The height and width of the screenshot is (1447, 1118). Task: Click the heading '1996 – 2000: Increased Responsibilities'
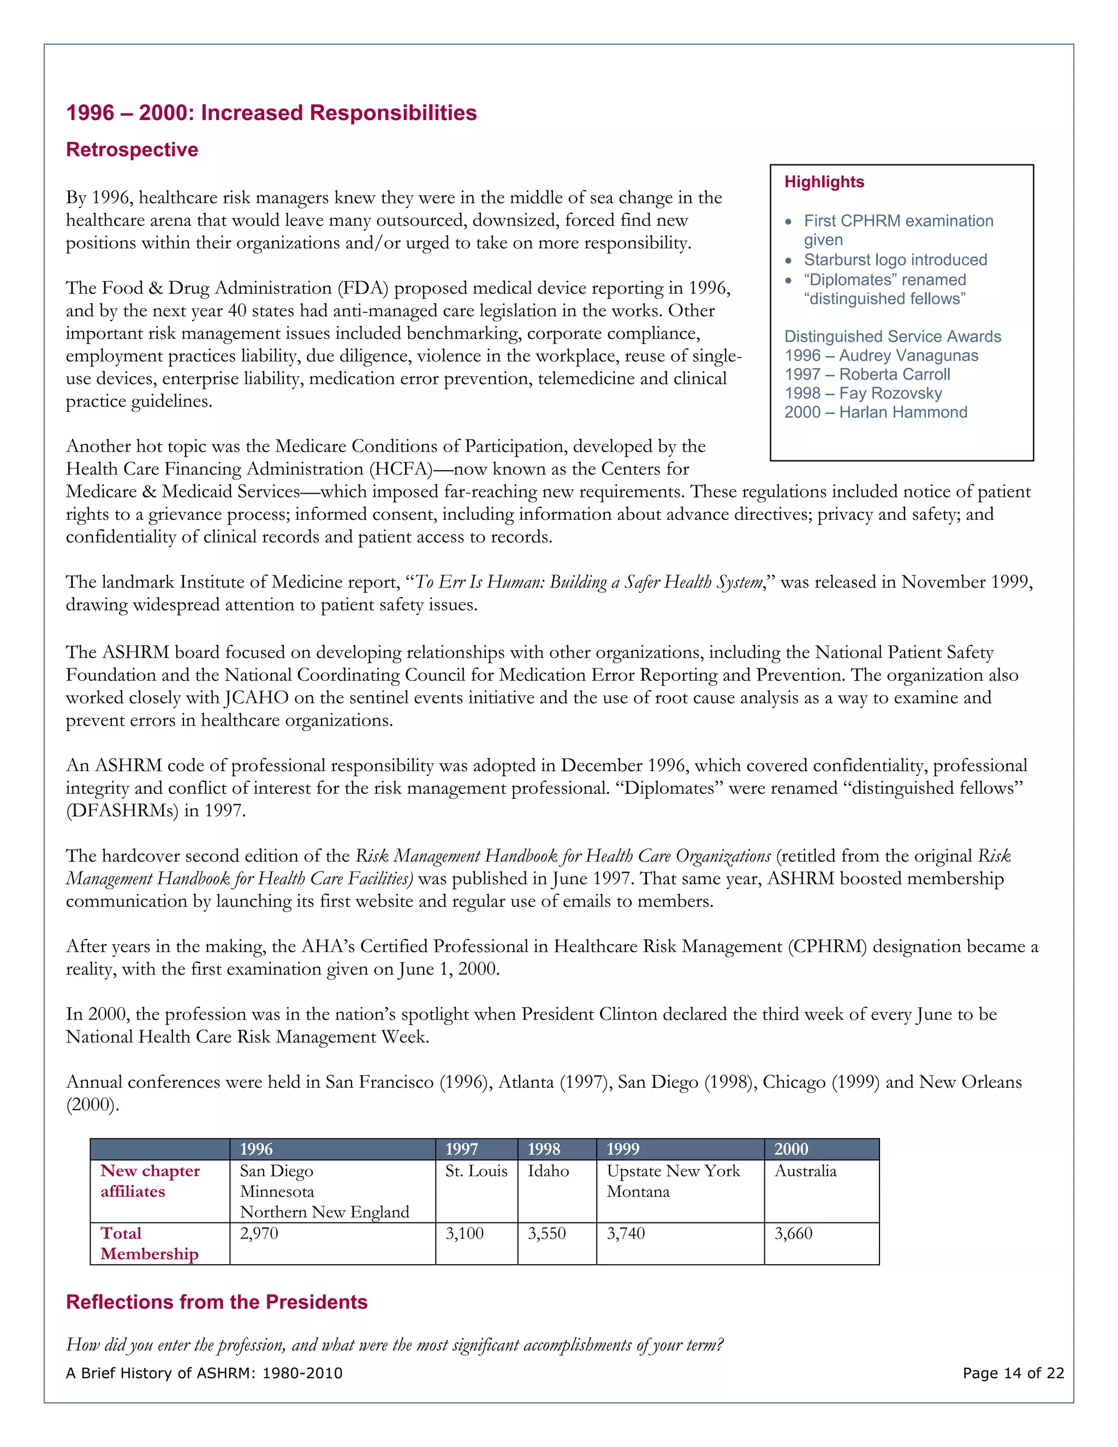[x=271, y=112]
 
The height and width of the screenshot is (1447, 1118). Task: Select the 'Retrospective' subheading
[x=132, y=150]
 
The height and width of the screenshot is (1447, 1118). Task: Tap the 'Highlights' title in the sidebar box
[x=824, y=182]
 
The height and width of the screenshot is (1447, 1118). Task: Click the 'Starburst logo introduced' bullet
[x=895, y=260]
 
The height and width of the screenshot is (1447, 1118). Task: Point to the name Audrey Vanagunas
[x=908, y=356]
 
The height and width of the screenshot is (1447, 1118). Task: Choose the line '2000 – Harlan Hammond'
[x=876, y=412]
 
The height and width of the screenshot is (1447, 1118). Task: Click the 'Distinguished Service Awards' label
[x=892, y=336]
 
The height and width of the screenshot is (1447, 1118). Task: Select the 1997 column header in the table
[x=462, y=1149]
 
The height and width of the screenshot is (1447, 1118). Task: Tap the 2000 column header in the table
[x=791, y=1149]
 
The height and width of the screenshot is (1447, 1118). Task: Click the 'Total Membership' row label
[x=149, y=1243]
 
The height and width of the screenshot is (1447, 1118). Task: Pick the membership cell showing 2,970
[x=259, y=1233]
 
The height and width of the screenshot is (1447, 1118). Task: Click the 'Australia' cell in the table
[x=805, y=1171]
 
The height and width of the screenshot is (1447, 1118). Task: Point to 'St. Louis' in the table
[x=475, y=1171]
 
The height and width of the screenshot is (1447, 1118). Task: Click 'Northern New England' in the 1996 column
[x=325, y=1212]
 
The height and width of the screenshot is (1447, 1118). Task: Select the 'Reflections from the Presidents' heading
[x=217, y=1302]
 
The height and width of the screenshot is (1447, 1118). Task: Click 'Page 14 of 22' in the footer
[x=1013, y=1373]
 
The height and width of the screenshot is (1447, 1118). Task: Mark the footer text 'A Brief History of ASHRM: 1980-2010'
[x=204, y=1373]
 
